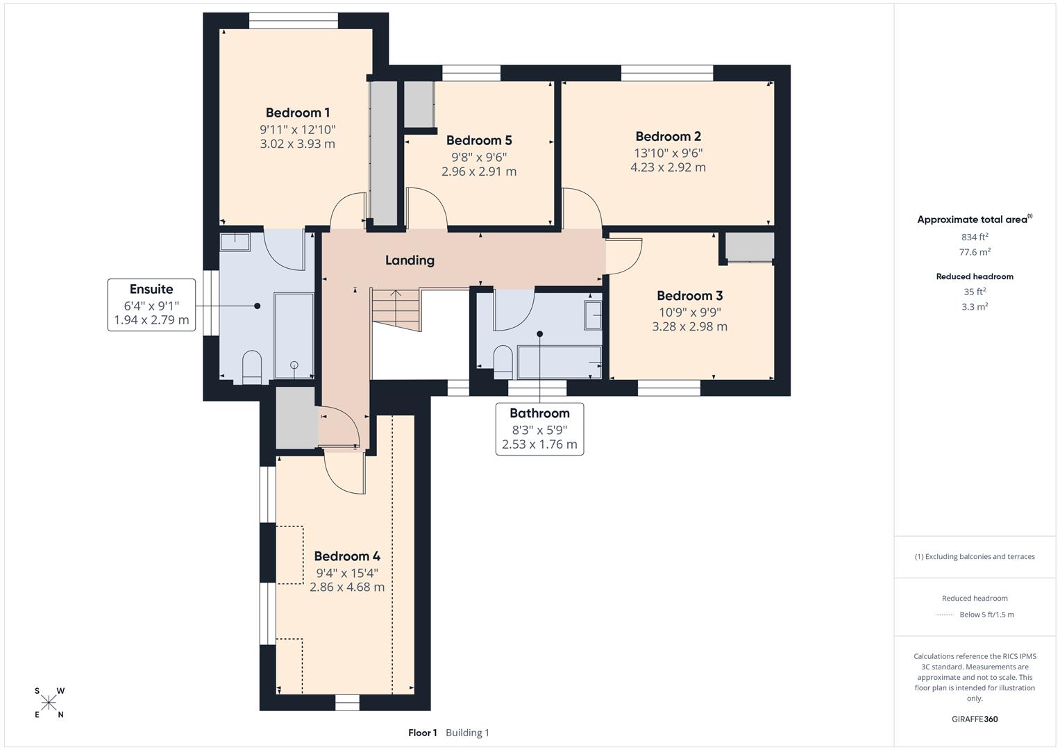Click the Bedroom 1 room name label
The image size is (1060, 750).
tap(297, 112)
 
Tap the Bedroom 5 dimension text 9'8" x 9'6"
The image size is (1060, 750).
tap(478, 157)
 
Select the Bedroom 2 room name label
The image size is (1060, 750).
tap(668, 136)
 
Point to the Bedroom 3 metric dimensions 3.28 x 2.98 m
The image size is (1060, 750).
tap(689, 326)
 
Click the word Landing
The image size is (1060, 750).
tap(410, 260)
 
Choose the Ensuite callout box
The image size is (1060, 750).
tap(151, 305)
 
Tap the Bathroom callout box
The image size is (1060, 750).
tap(539, 428)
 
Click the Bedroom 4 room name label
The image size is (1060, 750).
tap(346, 556)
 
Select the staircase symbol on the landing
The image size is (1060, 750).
tap(396, 310)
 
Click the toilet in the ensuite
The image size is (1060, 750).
tap(251, 367)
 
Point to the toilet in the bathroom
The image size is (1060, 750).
tap(503, 361)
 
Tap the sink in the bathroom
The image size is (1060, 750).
tap(593, 315)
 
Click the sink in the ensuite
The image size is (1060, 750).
tap(235, 241)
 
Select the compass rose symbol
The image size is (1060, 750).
tap(49, 703)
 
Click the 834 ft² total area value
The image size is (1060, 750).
tap(975, 237)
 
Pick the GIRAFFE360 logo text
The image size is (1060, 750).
tap(975, 719)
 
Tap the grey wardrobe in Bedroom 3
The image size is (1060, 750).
tap(750, 247)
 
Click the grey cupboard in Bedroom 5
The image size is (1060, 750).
tap(419, 104)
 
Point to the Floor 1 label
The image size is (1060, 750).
tap(422, 733)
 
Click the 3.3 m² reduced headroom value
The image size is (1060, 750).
tap(975, 306)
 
